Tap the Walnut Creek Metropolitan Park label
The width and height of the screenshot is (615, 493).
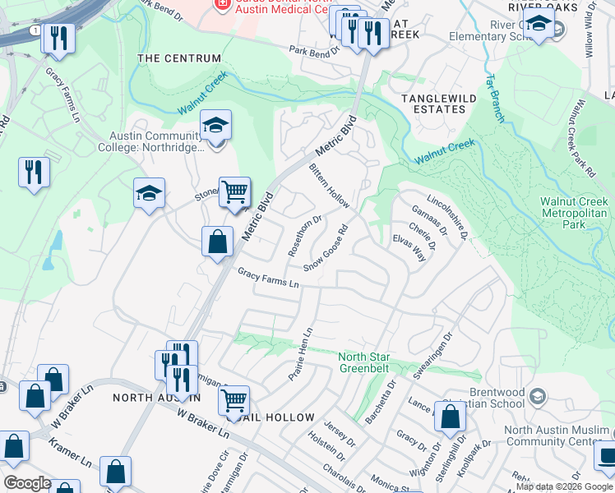pos(573,213)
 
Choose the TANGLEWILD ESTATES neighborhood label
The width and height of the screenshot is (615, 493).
pos(433,104)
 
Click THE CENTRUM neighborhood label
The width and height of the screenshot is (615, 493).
pos(179,58)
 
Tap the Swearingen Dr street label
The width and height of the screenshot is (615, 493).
pos(433,354)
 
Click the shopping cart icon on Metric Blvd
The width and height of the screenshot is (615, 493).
pos(234,192)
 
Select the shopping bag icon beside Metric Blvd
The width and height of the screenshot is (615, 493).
pos(217,242)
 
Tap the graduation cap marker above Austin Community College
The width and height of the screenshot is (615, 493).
pos(215,125)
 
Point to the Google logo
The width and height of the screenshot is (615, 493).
pos(27,483)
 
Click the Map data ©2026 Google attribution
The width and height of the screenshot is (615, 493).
pos(563,486)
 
